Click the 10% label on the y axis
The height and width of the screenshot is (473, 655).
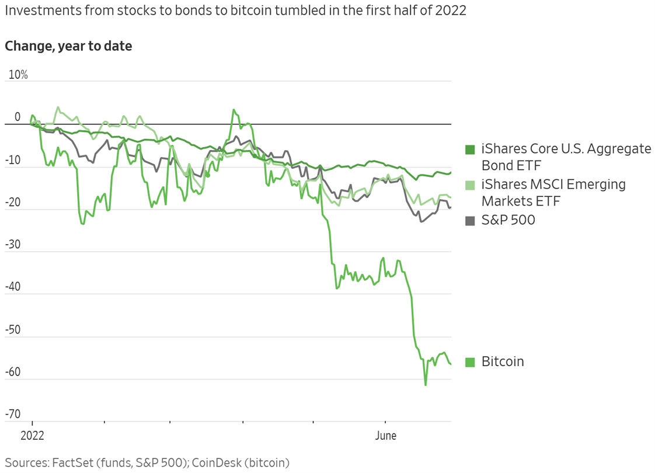tap(18, 75)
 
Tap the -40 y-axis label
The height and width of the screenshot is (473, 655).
tap(12, 287)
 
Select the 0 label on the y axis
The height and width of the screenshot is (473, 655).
tap(17, 117)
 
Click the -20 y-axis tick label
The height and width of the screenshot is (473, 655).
tap(12, 202)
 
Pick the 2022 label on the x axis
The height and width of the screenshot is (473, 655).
tap(33, 436)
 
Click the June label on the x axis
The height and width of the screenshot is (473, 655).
tap(385, 436)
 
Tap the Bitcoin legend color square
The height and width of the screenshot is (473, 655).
tap(470, 362)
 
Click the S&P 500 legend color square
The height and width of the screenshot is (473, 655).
tap(470, 220)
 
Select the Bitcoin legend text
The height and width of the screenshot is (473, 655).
tap(503, 361)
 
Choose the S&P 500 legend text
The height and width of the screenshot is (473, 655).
tap(508, 220)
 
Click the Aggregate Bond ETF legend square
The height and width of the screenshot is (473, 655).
tap(470, 149)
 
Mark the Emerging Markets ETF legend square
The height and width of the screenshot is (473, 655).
tap(470, 185)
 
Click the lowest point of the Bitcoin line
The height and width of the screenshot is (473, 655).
tap(426, 385)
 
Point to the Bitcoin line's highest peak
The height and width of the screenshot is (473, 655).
tap(234, 110)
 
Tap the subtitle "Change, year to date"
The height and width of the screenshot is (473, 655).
tap(68, 46)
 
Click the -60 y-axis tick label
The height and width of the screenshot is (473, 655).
tap(12, 372)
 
